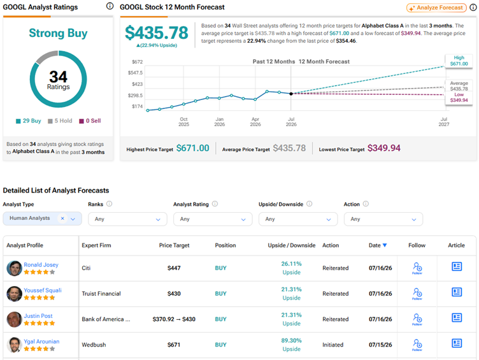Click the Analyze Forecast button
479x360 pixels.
pos(436,8)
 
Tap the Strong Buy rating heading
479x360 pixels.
pos(58,33)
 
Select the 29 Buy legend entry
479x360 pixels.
pos(29,120)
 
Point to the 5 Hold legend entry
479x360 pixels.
pos(60,120)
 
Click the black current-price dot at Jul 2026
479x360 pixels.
pos(291,94)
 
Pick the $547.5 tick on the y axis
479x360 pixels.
pos(135,73)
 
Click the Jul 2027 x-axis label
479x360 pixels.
pos(444,122)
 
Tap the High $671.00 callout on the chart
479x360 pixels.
pos(459,61)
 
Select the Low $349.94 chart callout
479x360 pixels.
pos(459,97)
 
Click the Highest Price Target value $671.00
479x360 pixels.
pos(193,148)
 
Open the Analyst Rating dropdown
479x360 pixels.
pos(213,219)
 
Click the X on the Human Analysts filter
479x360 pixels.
pos(62,218)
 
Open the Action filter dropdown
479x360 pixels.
pos(383,219)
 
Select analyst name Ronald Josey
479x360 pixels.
pos(41,264)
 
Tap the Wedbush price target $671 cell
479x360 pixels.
pos(174,345)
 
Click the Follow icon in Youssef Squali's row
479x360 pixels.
pos(417,294)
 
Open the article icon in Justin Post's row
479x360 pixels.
pos(457,317)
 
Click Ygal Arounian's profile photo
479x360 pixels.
pos(14,345)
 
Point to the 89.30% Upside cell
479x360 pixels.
pos(292,345)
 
